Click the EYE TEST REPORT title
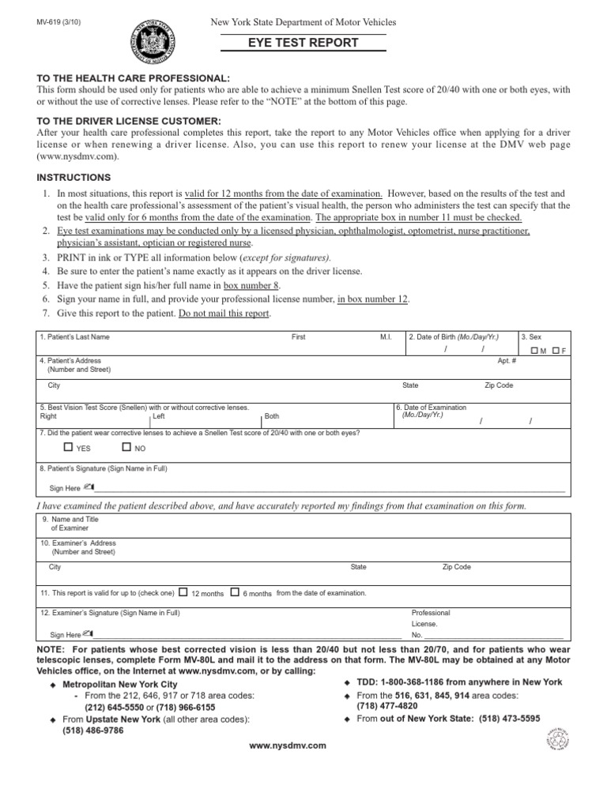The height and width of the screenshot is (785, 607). (x=303, y=43)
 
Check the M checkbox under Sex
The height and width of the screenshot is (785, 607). (x=534, y=350)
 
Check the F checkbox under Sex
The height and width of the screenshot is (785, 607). (x=557, y=350)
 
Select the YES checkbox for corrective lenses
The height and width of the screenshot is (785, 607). (x=68, y=448)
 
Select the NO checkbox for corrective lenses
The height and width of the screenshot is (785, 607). (x=127, y=448)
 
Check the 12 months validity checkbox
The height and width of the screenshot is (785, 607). (x=183, y=592)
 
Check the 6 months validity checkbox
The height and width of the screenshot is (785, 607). (x=234, y=592)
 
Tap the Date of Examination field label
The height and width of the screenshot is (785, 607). (x=432, y=411)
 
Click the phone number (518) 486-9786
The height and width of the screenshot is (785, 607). (x=93, y=731)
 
